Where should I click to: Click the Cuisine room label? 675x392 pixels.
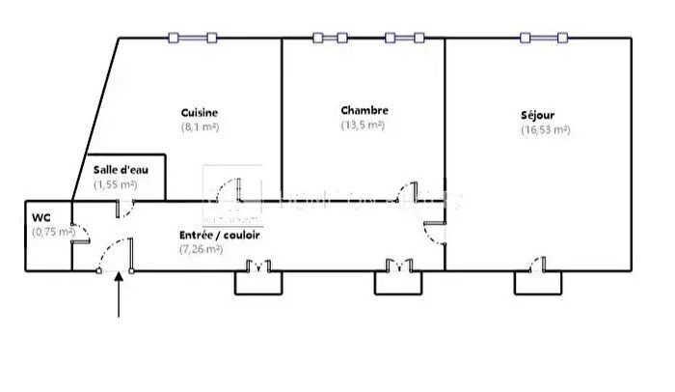tap(199, 112)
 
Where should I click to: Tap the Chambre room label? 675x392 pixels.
tap(364, 110)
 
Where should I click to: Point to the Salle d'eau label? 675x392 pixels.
tap(119, 169)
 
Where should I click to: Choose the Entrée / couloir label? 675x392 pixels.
tap(219, 235)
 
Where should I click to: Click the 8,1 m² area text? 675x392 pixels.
tap(200, 126)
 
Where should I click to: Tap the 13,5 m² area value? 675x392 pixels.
tap(364, 125)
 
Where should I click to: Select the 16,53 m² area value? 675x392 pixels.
tap(545, 129)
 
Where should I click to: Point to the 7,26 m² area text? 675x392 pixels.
tap(202, 249)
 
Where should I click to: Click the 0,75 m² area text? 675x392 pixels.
tap(52, 231)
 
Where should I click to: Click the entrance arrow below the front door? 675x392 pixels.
tap(119, 294)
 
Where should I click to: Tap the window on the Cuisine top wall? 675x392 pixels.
tap(192, 38)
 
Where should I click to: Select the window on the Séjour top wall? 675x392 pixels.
tap(542, 38)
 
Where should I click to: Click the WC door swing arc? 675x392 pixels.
tap(81, 234)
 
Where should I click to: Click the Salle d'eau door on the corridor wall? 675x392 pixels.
tap(124, 207)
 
